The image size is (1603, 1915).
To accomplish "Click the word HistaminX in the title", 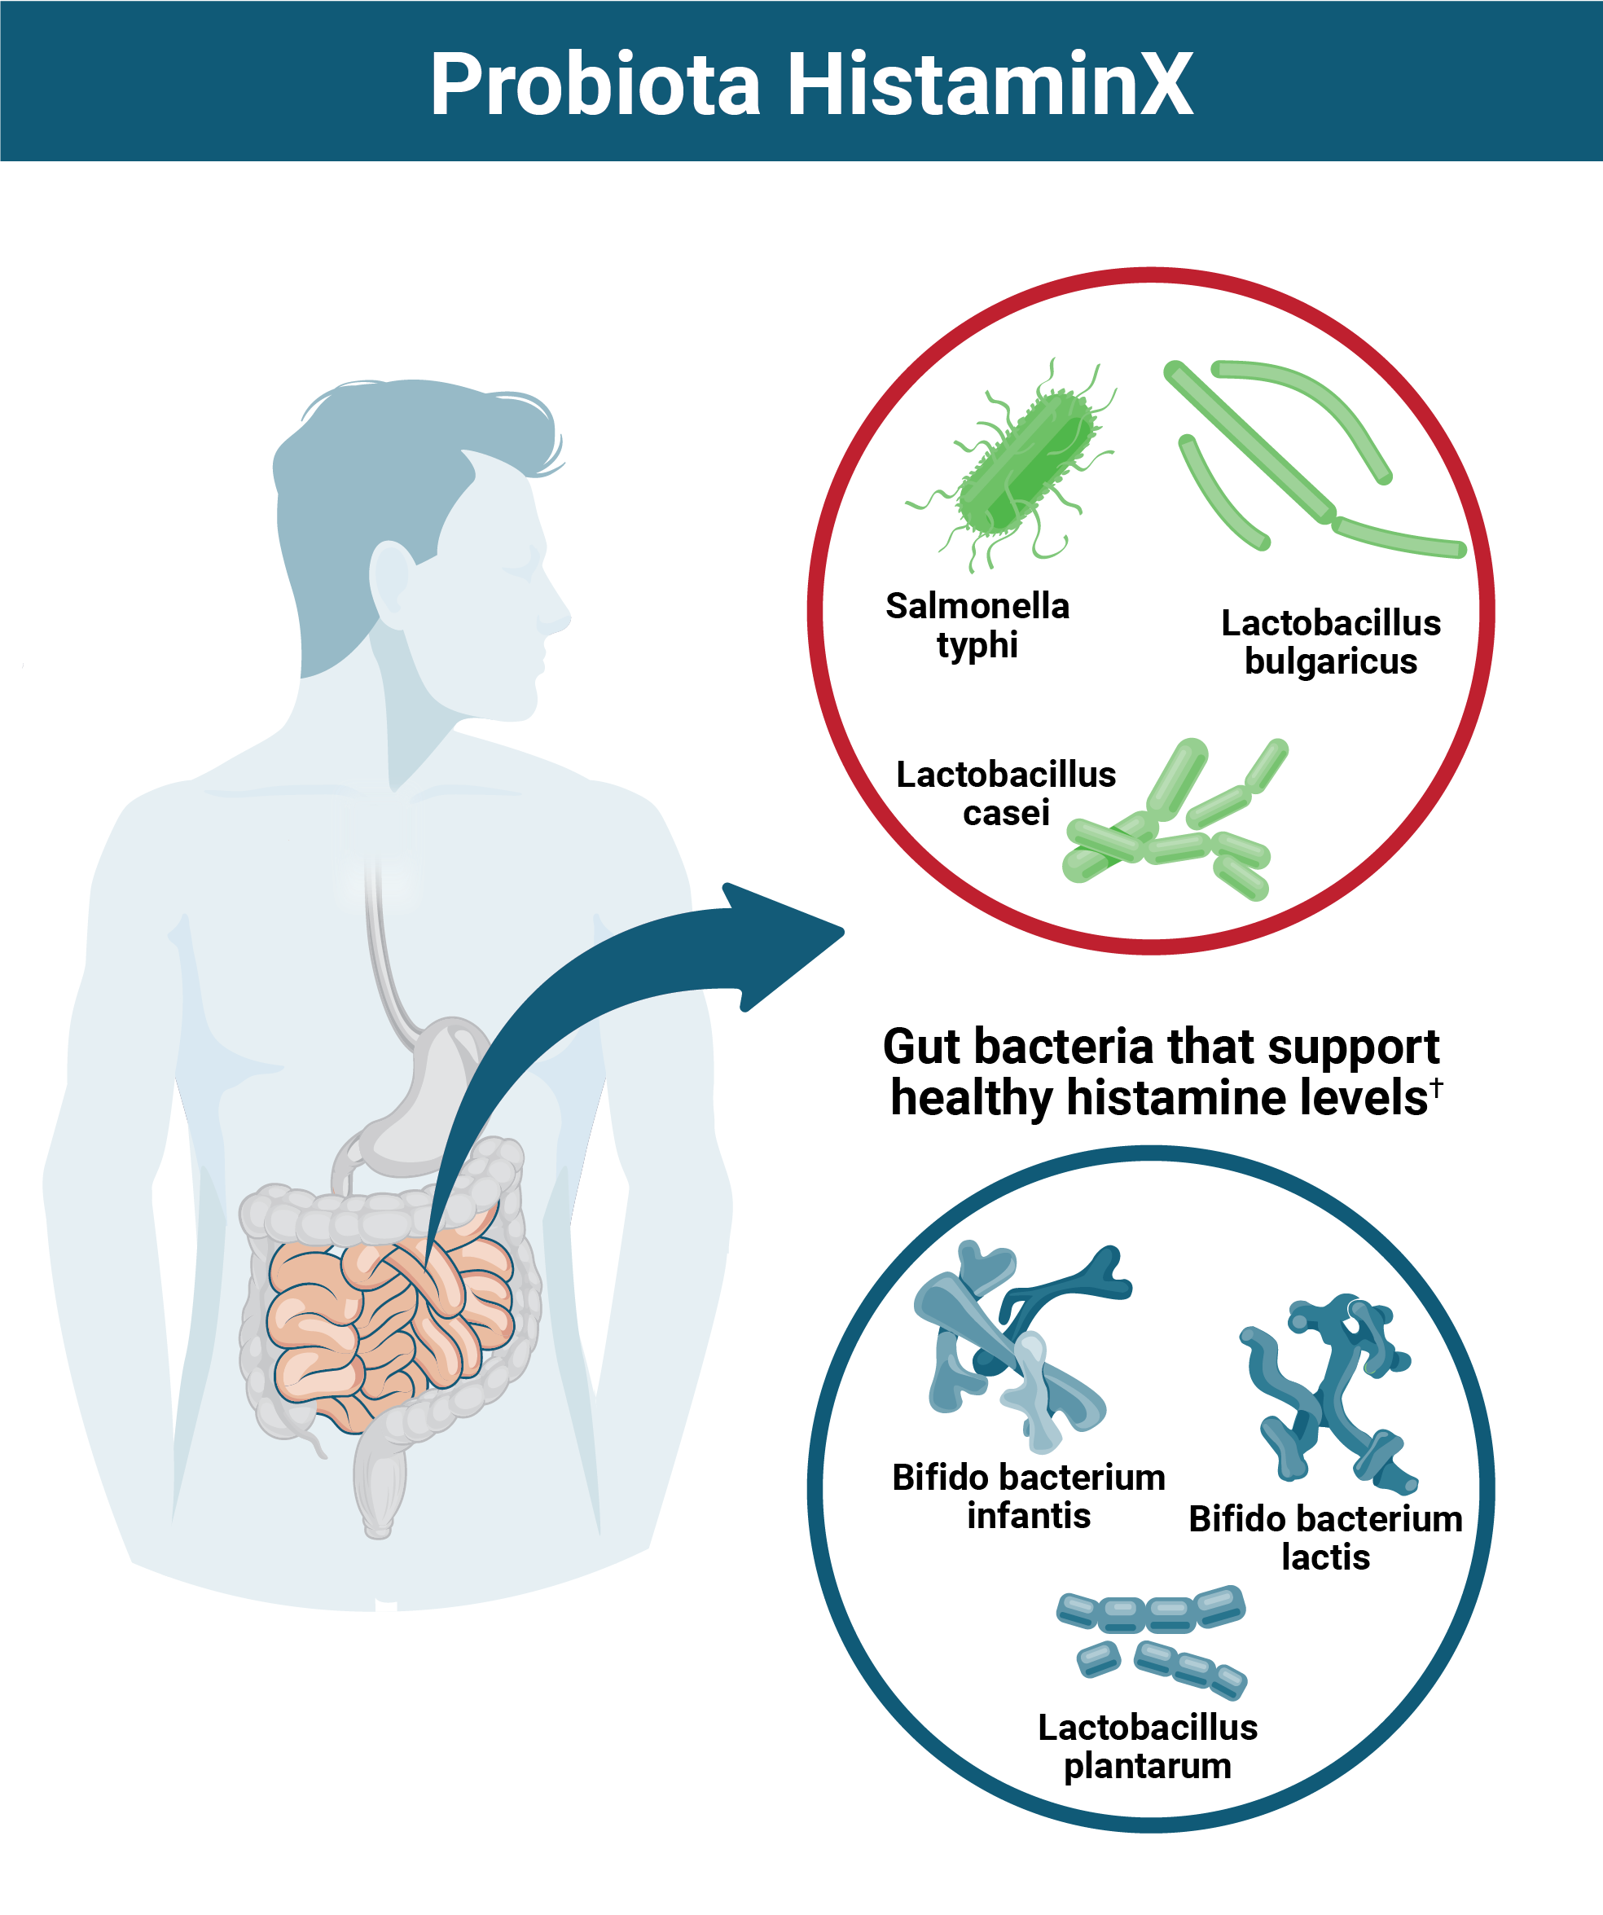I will pyautogui.click(x=990, y=84).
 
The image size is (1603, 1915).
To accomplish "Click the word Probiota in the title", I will pyautogui.click(x=595, y=84).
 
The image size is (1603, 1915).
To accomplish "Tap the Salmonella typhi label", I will pyautogui.click(x=977, y=625).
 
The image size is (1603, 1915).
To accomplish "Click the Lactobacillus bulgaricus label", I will pyautogui.click(x=1330, y=642).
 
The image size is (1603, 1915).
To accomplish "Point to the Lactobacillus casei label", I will pyautogui.click(x=1006, y=793).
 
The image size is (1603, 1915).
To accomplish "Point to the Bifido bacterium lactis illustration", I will pyautogui.click(x=1327, y=1386).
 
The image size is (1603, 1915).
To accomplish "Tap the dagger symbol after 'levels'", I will pyautogui.click(x=1436, y=1085).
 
